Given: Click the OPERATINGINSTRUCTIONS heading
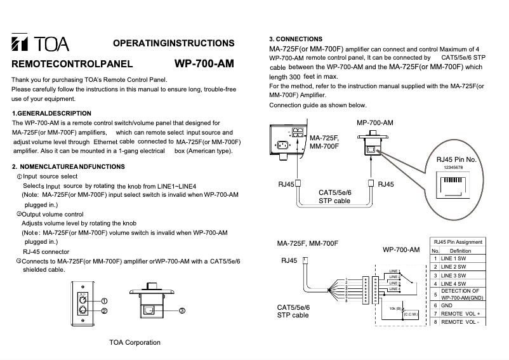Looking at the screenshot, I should (173, 43).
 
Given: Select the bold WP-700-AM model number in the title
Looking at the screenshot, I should (203, 63).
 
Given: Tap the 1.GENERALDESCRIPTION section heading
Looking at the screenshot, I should (52, 113).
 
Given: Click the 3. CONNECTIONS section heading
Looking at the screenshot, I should (296, 39).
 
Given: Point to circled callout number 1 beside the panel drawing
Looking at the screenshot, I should (104, 301).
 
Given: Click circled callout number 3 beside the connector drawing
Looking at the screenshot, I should (182, 311).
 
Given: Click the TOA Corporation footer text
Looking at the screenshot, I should (135, 342).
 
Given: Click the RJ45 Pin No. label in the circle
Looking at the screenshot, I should (456, 159).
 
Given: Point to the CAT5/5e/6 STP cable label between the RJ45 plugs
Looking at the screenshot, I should (334, 196).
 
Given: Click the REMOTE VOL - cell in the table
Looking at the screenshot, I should (461, 322).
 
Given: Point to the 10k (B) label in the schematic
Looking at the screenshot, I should (394, 308).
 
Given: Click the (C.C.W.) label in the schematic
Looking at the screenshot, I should (411, 313).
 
